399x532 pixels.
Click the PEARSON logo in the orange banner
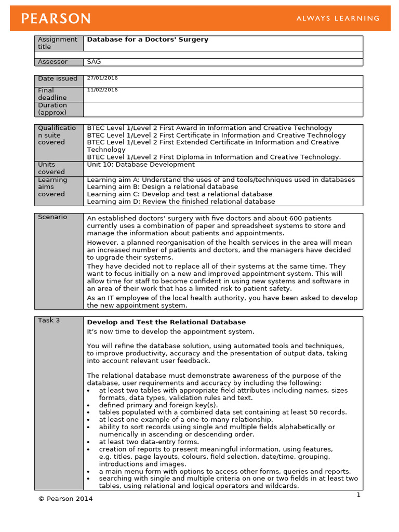(56, 19)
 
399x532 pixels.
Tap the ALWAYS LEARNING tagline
(338, 19)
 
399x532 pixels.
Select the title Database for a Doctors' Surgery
(148, 39)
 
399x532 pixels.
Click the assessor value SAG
(94, 62)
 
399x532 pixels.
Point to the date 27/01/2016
(102, 78)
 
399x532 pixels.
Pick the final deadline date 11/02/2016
(102, 90)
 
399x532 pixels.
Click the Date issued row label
(58, 79)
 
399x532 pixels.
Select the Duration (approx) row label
(52, 109)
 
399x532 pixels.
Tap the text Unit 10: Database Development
(141, 165)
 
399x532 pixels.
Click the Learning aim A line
(221, 180)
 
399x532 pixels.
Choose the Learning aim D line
(181, 202)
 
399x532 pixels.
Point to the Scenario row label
(52, 217)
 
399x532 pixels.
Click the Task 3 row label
(49, 321)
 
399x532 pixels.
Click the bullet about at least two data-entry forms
(149, 442)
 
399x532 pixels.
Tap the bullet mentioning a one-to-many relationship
(185, 420)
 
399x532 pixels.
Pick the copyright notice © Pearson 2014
(66, 499)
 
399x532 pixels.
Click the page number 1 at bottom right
(358, 495)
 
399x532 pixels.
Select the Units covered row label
(51, 168)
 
